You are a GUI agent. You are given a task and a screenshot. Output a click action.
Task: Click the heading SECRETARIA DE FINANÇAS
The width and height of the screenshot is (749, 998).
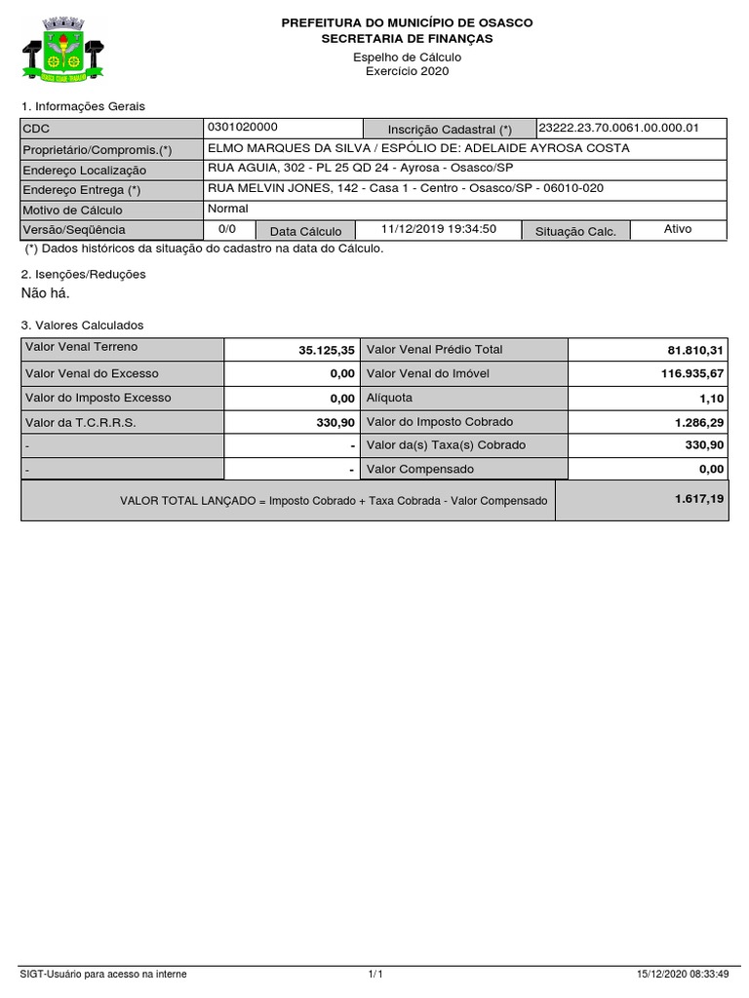click(x=408, y=39)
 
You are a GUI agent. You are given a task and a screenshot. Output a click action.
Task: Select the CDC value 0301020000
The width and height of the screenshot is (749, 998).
click(x=243, y=128)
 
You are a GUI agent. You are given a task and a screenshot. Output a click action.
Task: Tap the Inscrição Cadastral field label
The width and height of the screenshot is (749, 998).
click(x=450, y=130)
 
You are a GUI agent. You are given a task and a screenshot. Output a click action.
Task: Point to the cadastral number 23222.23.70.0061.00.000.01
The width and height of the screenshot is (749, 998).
click(x=619, y=128)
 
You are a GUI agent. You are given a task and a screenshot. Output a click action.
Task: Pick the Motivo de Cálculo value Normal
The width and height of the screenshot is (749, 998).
click(x=228, y=209)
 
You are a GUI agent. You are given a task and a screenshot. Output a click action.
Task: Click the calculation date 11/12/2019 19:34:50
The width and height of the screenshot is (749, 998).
click(x=439, y=229)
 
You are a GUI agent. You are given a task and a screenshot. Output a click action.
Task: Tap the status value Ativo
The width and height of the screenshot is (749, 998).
click(x=678, y=229)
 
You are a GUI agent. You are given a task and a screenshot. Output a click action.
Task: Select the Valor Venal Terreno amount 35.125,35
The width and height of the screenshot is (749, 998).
click(x=327, y=350)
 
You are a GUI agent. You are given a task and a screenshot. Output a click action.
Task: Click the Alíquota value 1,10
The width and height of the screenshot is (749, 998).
click(x=711, y=398)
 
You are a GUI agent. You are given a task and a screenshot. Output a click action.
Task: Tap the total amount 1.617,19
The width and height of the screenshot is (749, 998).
click(x=699, y=498)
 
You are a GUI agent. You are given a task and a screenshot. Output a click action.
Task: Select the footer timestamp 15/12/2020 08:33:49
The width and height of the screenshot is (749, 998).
click(x=681, y=974)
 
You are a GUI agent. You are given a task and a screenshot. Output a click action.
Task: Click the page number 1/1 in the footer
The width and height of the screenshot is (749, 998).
click(x=375, y=974)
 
